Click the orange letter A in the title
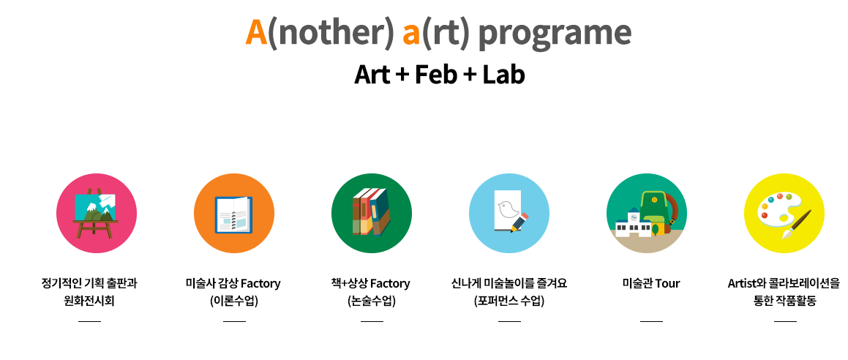tap(256, 32)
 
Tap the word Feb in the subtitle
tap(436, 75)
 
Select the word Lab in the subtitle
tap(503, 75)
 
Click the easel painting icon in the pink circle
tap(96, 213)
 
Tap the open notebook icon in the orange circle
tap(233, 214)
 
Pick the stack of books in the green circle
tap(371, 212)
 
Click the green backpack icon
tap(655, 212)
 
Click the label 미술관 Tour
tap(651, 283)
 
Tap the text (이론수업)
tap(233, 301)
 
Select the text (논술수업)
tap(372, 301)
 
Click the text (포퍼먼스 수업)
tap(509, 301)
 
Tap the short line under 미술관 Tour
tap(651, 321)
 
